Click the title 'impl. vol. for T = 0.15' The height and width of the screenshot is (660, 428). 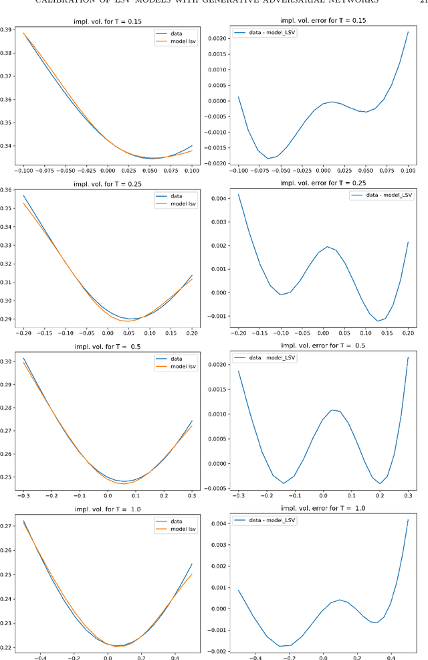(108, 21)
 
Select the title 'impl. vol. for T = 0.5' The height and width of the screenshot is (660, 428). (108, 346)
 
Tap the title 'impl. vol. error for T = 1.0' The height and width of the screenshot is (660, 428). (323, 508)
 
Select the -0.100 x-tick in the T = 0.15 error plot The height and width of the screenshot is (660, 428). (237, 171)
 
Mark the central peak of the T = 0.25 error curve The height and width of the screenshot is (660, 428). (328, 246)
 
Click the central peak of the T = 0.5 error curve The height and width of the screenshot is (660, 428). (332, 410)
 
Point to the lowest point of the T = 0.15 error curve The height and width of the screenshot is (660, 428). (268, 159)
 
